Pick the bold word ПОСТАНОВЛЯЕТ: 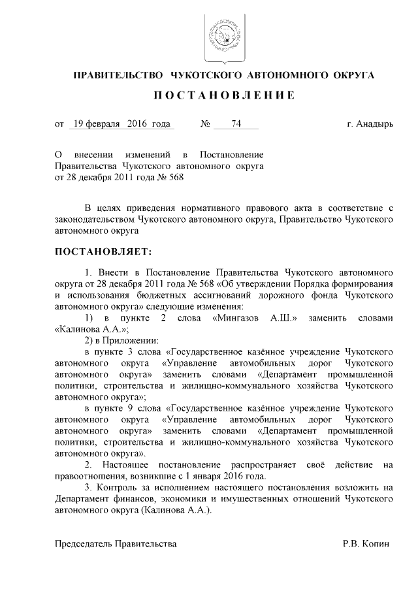click(x=103, y=251)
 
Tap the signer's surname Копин click(x=379, y=543)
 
